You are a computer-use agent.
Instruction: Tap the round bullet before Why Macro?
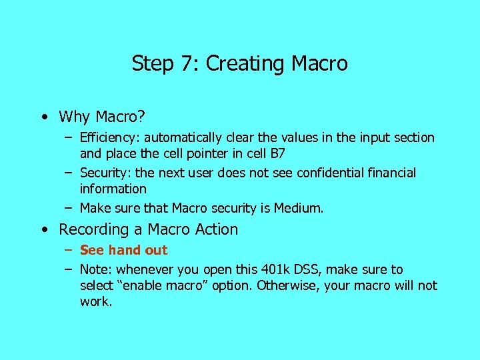click(43, 117)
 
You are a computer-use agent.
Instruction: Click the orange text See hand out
click(123, 251)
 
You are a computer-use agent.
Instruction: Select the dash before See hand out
click(69, 251)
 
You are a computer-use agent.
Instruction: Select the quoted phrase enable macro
click(165, 286)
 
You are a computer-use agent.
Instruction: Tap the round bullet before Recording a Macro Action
click(43, 230)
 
